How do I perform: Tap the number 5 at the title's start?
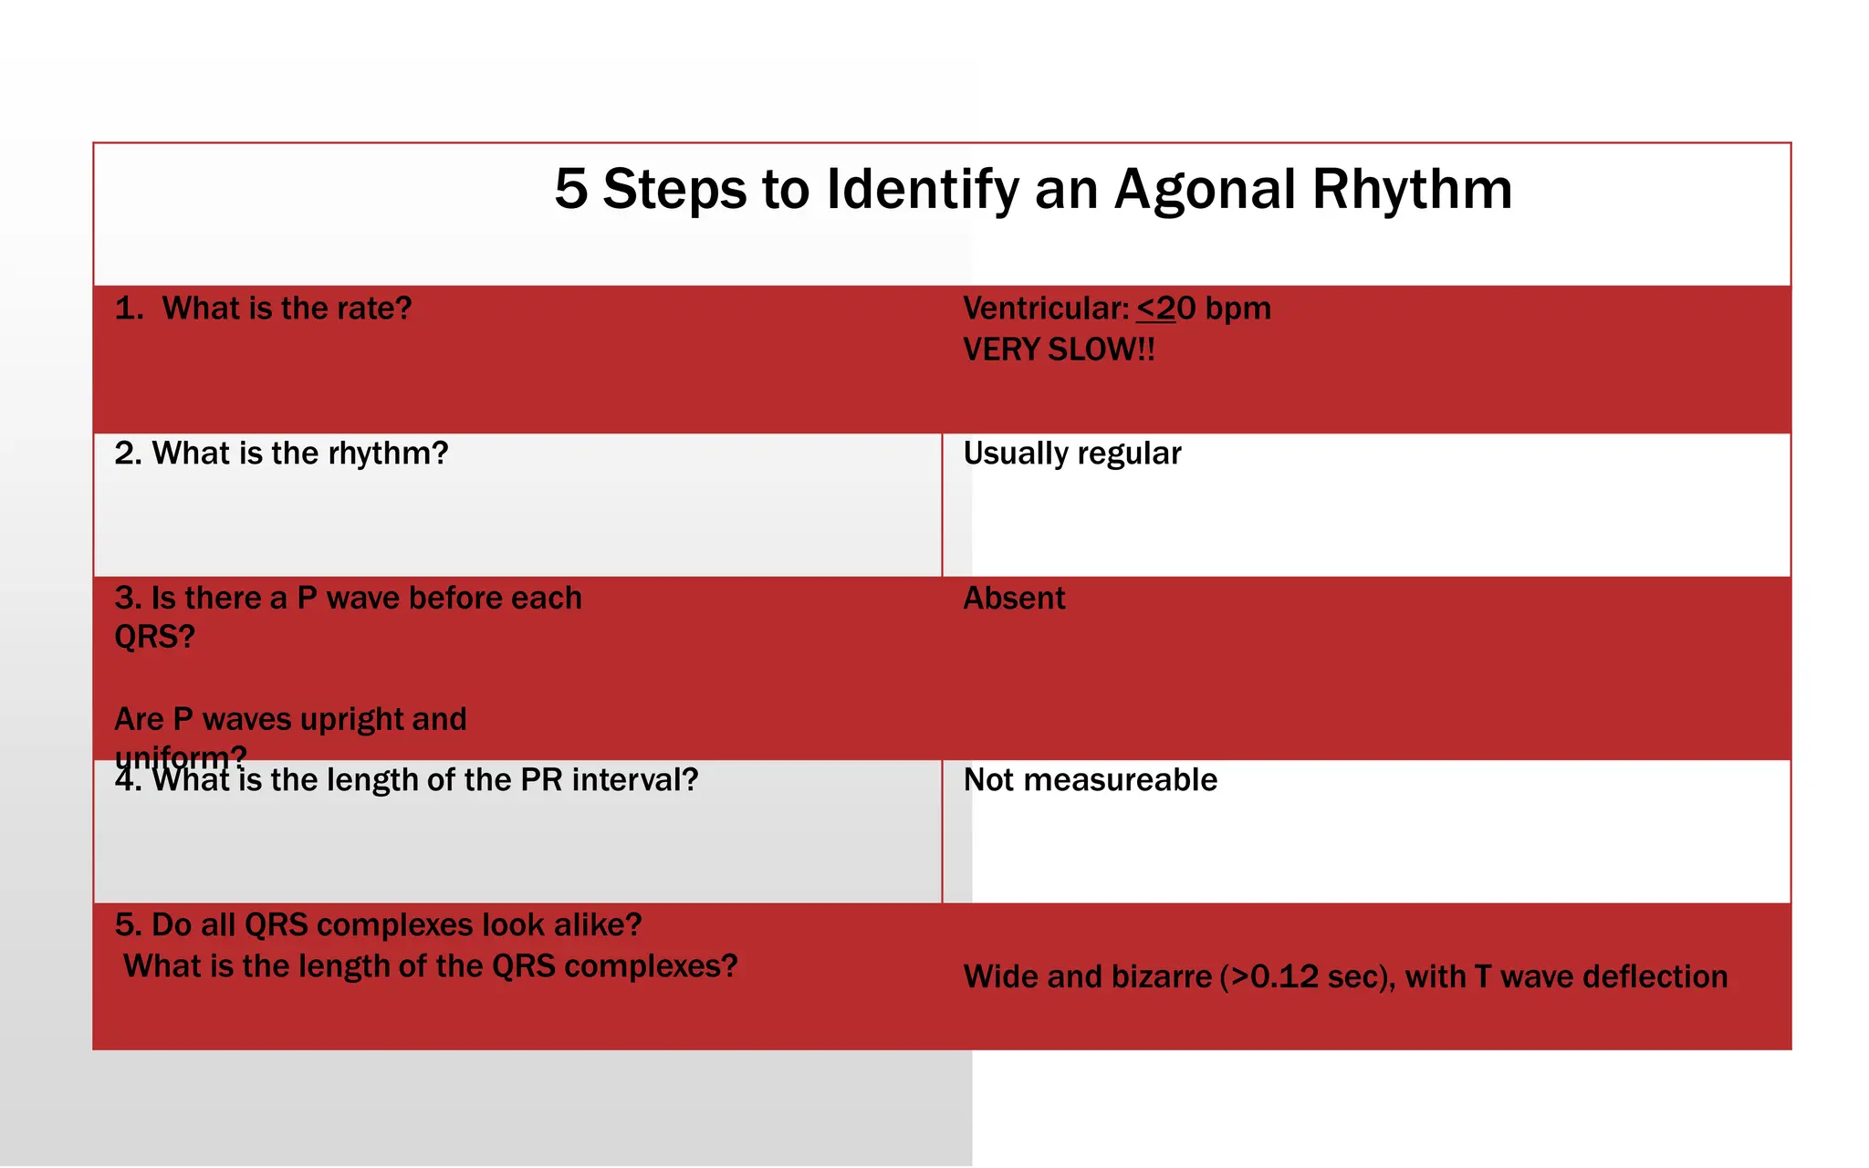(x=570, y=191)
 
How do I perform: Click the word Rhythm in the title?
(x=1412, y=191)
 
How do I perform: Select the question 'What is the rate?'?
(x=286, y=308)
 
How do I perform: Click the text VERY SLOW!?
(x=1059, y=350)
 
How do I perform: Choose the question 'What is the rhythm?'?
(x=299, y=454)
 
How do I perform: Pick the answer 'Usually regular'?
(x=1072, y=454)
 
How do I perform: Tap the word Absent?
(x=1014, y=599)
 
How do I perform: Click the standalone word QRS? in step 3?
(x=154, y=637)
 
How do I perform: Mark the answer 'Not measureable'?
(x=1090, y=780)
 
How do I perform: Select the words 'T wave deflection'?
(x=1600, y=977)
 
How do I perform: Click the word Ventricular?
(x=1046, y=308)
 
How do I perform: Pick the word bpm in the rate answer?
(x=1237, y=308)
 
